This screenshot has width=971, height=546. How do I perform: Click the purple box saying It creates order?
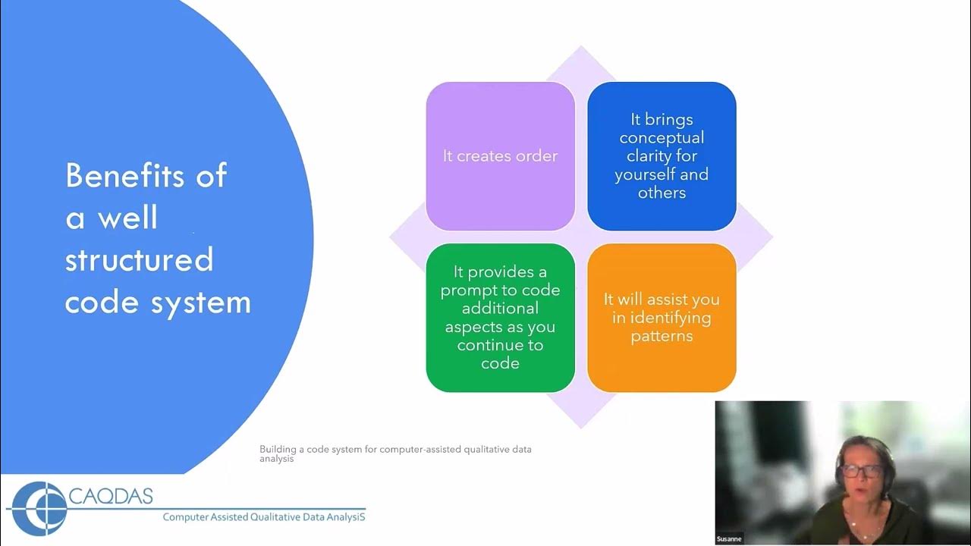pyautogui.click(x=500, y=156)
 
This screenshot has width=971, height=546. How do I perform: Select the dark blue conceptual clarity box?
pyautogui.click(x=661, y=156)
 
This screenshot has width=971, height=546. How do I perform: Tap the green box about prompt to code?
pyautogui.click(x=500, y=318)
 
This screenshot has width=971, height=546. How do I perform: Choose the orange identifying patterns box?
pyautogui.click(x=661, y=318)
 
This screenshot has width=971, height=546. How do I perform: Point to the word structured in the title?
pyautogui.click(x=139, y=260)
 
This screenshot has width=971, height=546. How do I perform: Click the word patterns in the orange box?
pyautogui.click(x=661, y=336)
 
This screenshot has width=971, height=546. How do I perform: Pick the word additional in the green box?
pyautogui.click(x=500, y=309)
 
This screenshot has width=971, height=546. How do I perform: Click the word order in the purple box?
pyautogui.click(x=536, y=156)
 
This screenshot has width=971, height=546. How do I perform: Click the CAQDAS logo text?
pyautogui.click(x=111, y=497)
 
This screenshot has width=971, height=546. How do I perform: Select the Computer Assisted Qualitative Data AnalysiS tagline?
pyautogui.click(x=264, y=517)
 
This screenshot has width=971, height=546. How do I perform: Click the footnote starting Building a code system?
pyautogui.click(x=395, y=453)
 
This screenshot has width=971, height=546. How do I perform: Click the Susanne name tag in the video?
pyautogui.click(x=728, y=539)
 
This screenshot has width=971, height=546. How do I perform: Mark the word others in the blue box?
pyautogui.click(x=661, y=193)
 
